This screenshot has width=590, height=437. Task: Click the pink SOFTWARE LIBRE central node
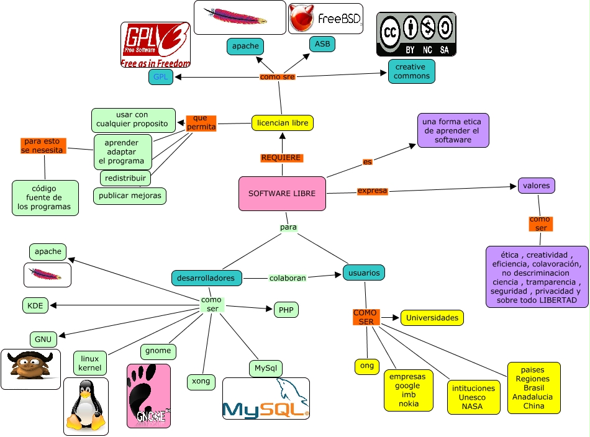[282, 194]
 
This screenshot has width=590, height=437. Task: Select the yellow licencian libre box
[282, 123]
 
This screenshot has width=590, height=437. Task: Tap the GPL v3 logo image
[155, 45]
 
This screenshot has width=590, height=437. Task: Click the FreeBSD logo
[325, 19]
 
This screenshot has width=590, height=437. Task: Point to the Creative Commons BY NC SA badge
[416, 34]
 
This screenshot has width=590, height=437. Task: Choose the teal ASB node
[322, 44]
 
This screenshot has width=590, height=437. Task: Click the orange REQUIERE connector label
[281, 158]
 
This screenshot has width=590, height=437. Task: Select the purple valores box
[536, 185]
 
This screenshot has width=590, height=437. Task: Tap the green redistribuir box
[125, 178]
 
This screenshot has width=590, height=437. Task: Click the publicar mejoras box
[130, 196]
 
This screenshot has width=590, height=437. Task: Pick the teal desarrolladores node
[207, 278]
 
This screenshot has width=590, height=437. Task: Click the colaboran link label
[288, 278]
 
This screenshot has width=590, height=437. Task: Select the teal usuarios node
[364, 273]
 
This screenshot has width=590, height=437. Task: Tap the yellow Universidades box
[432, 318]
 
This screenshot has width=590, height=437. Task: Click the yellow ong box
[367, 366]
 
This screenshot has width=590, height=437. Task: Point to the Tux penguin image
[86, 406]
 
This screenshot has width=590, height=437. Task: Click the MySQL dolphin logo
[266, 399]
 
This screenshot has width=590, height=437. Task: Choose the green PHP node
[286, 310]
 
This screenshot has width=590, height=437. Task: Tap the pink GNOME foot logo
[148, 396]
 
